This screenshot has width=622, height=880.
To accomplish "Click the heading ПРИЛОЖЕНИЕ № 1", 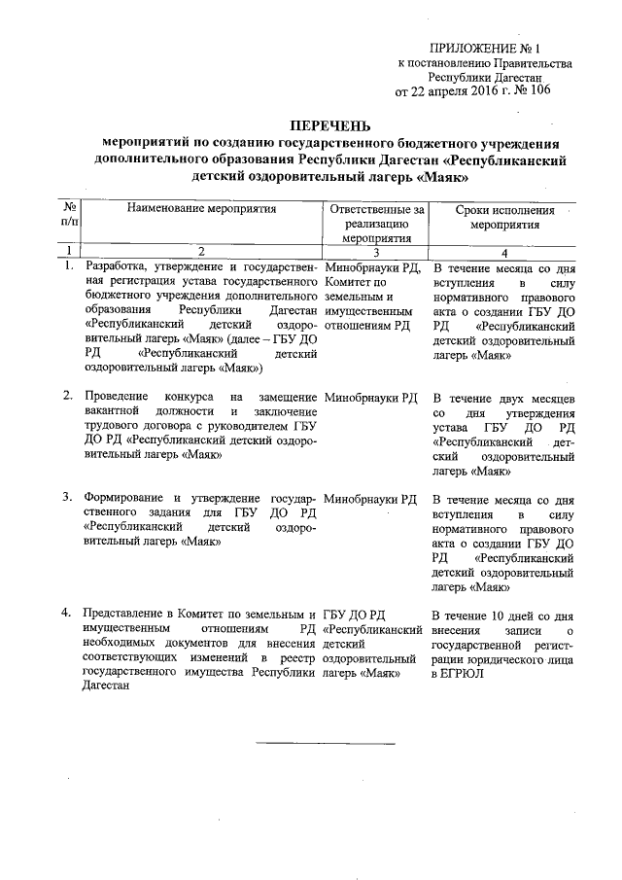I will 482,47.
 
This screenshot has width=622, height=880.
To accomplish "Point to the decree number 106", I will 535,91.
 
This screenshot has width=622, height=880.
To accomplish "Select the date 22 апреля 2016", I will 450,91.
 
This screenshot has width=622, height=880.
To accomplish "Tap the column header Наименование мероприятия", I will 202,208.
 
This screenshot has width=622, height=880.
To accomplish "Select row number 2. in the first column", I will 68,397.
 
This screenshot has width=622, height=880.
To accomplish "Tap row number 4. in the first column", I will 67,615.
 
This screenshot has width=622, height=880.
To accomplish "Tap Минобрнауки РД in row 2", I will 371,398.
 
